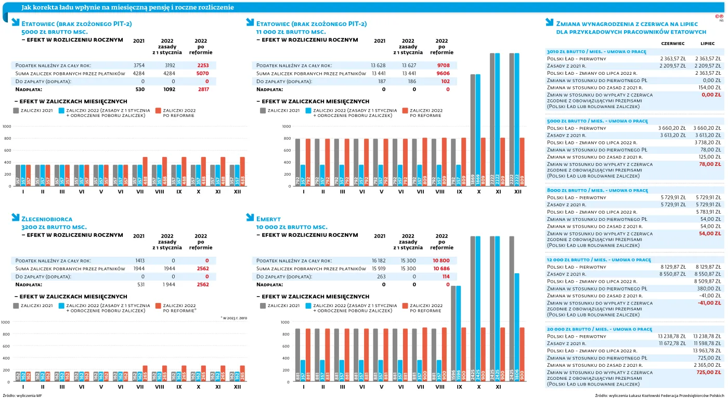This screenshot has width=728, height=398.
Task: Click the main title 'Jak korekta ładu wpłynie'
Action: (127, 7)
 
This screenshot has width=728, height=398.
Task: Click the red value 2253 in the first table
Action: (203, 65)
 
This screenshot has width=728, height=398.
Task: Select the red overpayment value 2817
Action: (203, 89)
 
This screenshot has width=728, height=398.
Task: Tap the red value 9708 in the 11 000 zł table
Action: (443, 65)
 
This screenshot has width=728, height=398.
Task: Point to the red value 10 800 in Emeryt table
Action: (441, 260)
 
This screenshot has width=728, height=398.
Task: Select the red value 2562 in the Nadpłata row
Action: (203, 285)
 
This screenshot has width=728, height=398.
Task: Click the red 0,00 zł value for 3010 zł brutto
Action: (711, 95)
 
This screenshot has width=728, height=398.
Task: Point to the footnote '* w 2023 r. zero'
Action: (235, 317)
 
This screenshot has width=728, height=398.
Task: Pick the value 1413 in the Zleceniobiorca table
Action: (139, 260)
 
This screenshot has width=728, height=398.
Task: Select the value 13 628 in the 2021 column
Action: (378, 65)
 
